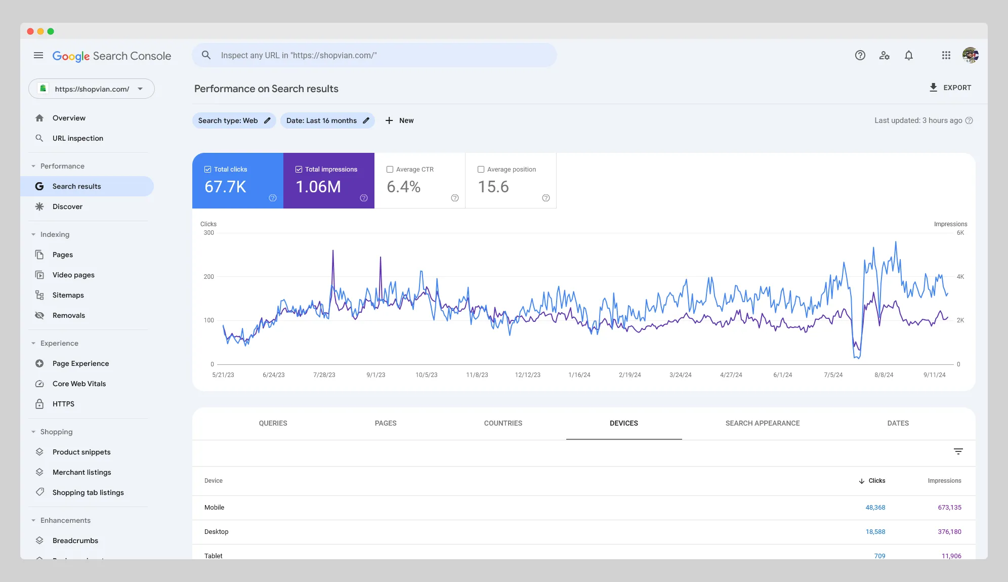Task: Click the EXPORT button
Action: [x=950, y=88]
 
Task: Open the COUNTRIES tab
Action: [x=502, y=423]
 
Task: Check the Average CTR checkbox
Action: [x=390, y=170]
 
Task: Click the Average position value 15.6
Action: [x=493, y=187]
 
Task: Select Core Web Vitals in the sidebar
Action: [x=79, y=384]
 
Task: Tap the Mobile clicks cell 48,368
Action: [x=875, y=507]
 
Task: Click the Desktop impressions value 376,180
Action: [x=949, y=531]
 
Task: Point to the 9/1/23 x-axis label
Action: [x=375, y=375]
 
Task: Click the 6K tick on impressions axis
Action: [x=960, y=233]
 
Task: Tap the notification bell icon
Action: [x=908, y=55]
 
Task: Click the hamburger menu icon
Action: [x=38, y=55]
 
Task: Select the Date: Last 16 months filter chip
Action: [x=327, y=120]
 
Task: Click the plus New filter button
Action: [x=399, y=120]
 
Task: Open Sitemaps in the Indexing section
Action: [x=68, y=295]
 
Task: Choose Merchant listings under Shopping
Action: [x=81, y=472]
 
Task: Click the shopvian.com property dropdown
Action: [x=92, y=89]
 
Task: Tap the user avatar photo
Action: [x=970, y=55]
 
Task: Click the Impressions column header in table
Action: [x=944, y=481]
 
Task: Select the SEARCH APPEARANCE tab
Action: [x=762, y=423]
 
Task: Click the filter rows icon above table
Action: [x=958, y=451]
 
